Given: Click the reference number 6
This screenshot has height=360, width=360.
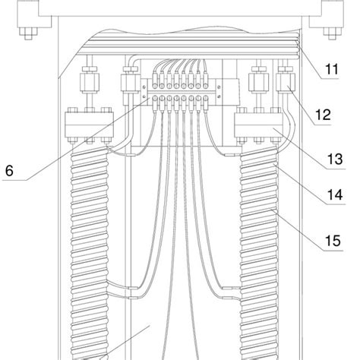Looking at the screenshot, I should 10,170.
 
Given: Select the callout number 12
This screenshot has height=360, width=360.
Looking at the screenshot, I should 323,115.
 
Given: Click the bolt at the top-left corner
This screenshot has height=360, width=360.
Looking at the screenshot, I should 27,33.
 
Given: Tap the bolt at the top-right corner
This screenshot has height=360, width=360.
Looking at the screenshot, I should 330,33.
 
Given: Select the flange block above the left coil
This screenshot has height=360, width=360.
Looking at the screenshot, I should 86,125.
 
